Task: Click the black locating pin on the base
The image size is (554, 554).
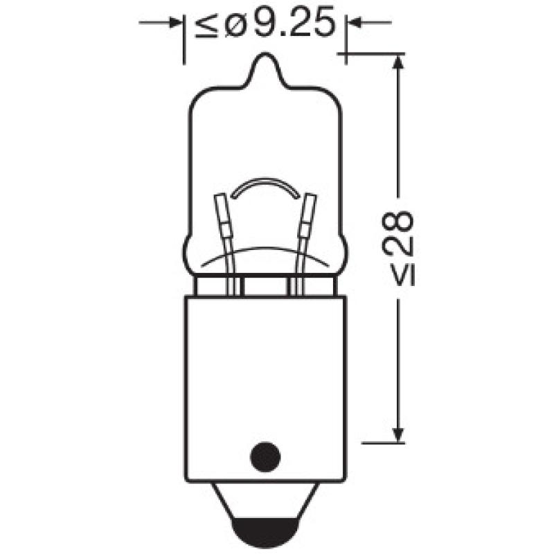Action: point(264,456)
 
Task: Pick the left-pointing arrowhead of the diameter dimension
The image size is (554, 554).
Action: point(354,24)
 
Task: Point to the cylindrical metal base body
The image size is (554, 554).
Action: point(264,374)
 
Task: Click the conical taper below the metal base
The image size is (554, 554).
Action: point(264,502)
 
